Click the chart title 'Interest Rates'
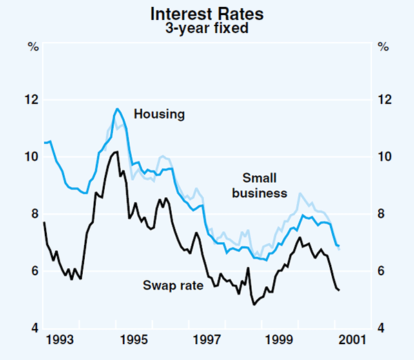(x=207, y=14)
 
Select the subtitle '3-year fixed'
(x=207, y=29)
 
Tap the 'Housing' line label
(x=159, y=114)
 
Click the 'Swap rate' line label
(x=173, y=283)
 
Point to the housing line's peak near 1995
(x=117, y=108)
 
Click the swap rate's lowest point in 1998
(x=254, y=304)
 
